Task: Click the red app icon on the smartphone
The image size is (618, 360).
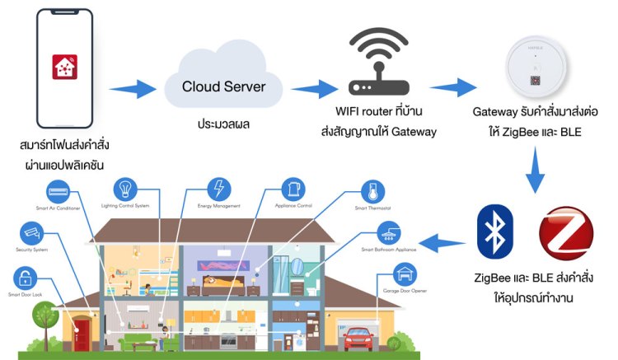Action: [63, 66]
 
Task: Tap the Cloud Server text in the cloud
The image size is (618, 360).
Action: [223, 86]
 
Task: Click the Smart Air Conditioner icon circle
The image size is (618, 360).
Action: [59, 194]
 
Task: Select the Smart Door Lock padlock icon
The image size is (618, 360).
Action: [24, 278]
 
